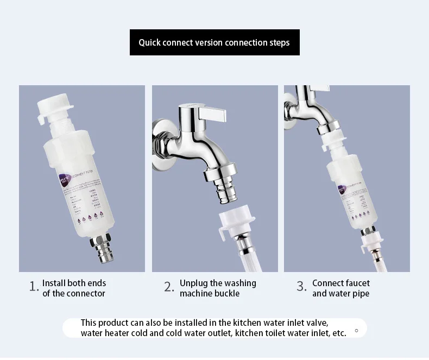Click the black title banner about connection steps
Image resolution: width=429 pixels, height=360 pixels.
click(214, 42)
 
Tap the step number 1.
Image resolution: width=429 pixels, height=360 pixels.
click(34, 287)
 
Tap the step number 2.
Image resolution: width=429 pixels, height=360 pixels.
click(169, 287)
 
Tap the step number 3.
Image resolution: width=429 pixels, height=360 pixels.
click(301, 287)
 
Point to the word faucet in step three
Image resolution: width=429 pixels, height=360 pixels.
click(356, 283)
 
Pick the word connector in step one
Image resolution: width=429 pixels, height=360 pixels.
click(86, 293)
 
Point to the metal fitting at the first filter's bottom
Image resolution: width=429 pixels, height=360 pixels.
click(99, 247)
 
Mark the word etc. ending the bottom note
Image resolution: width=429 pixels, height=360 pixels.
click(338, 333)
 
